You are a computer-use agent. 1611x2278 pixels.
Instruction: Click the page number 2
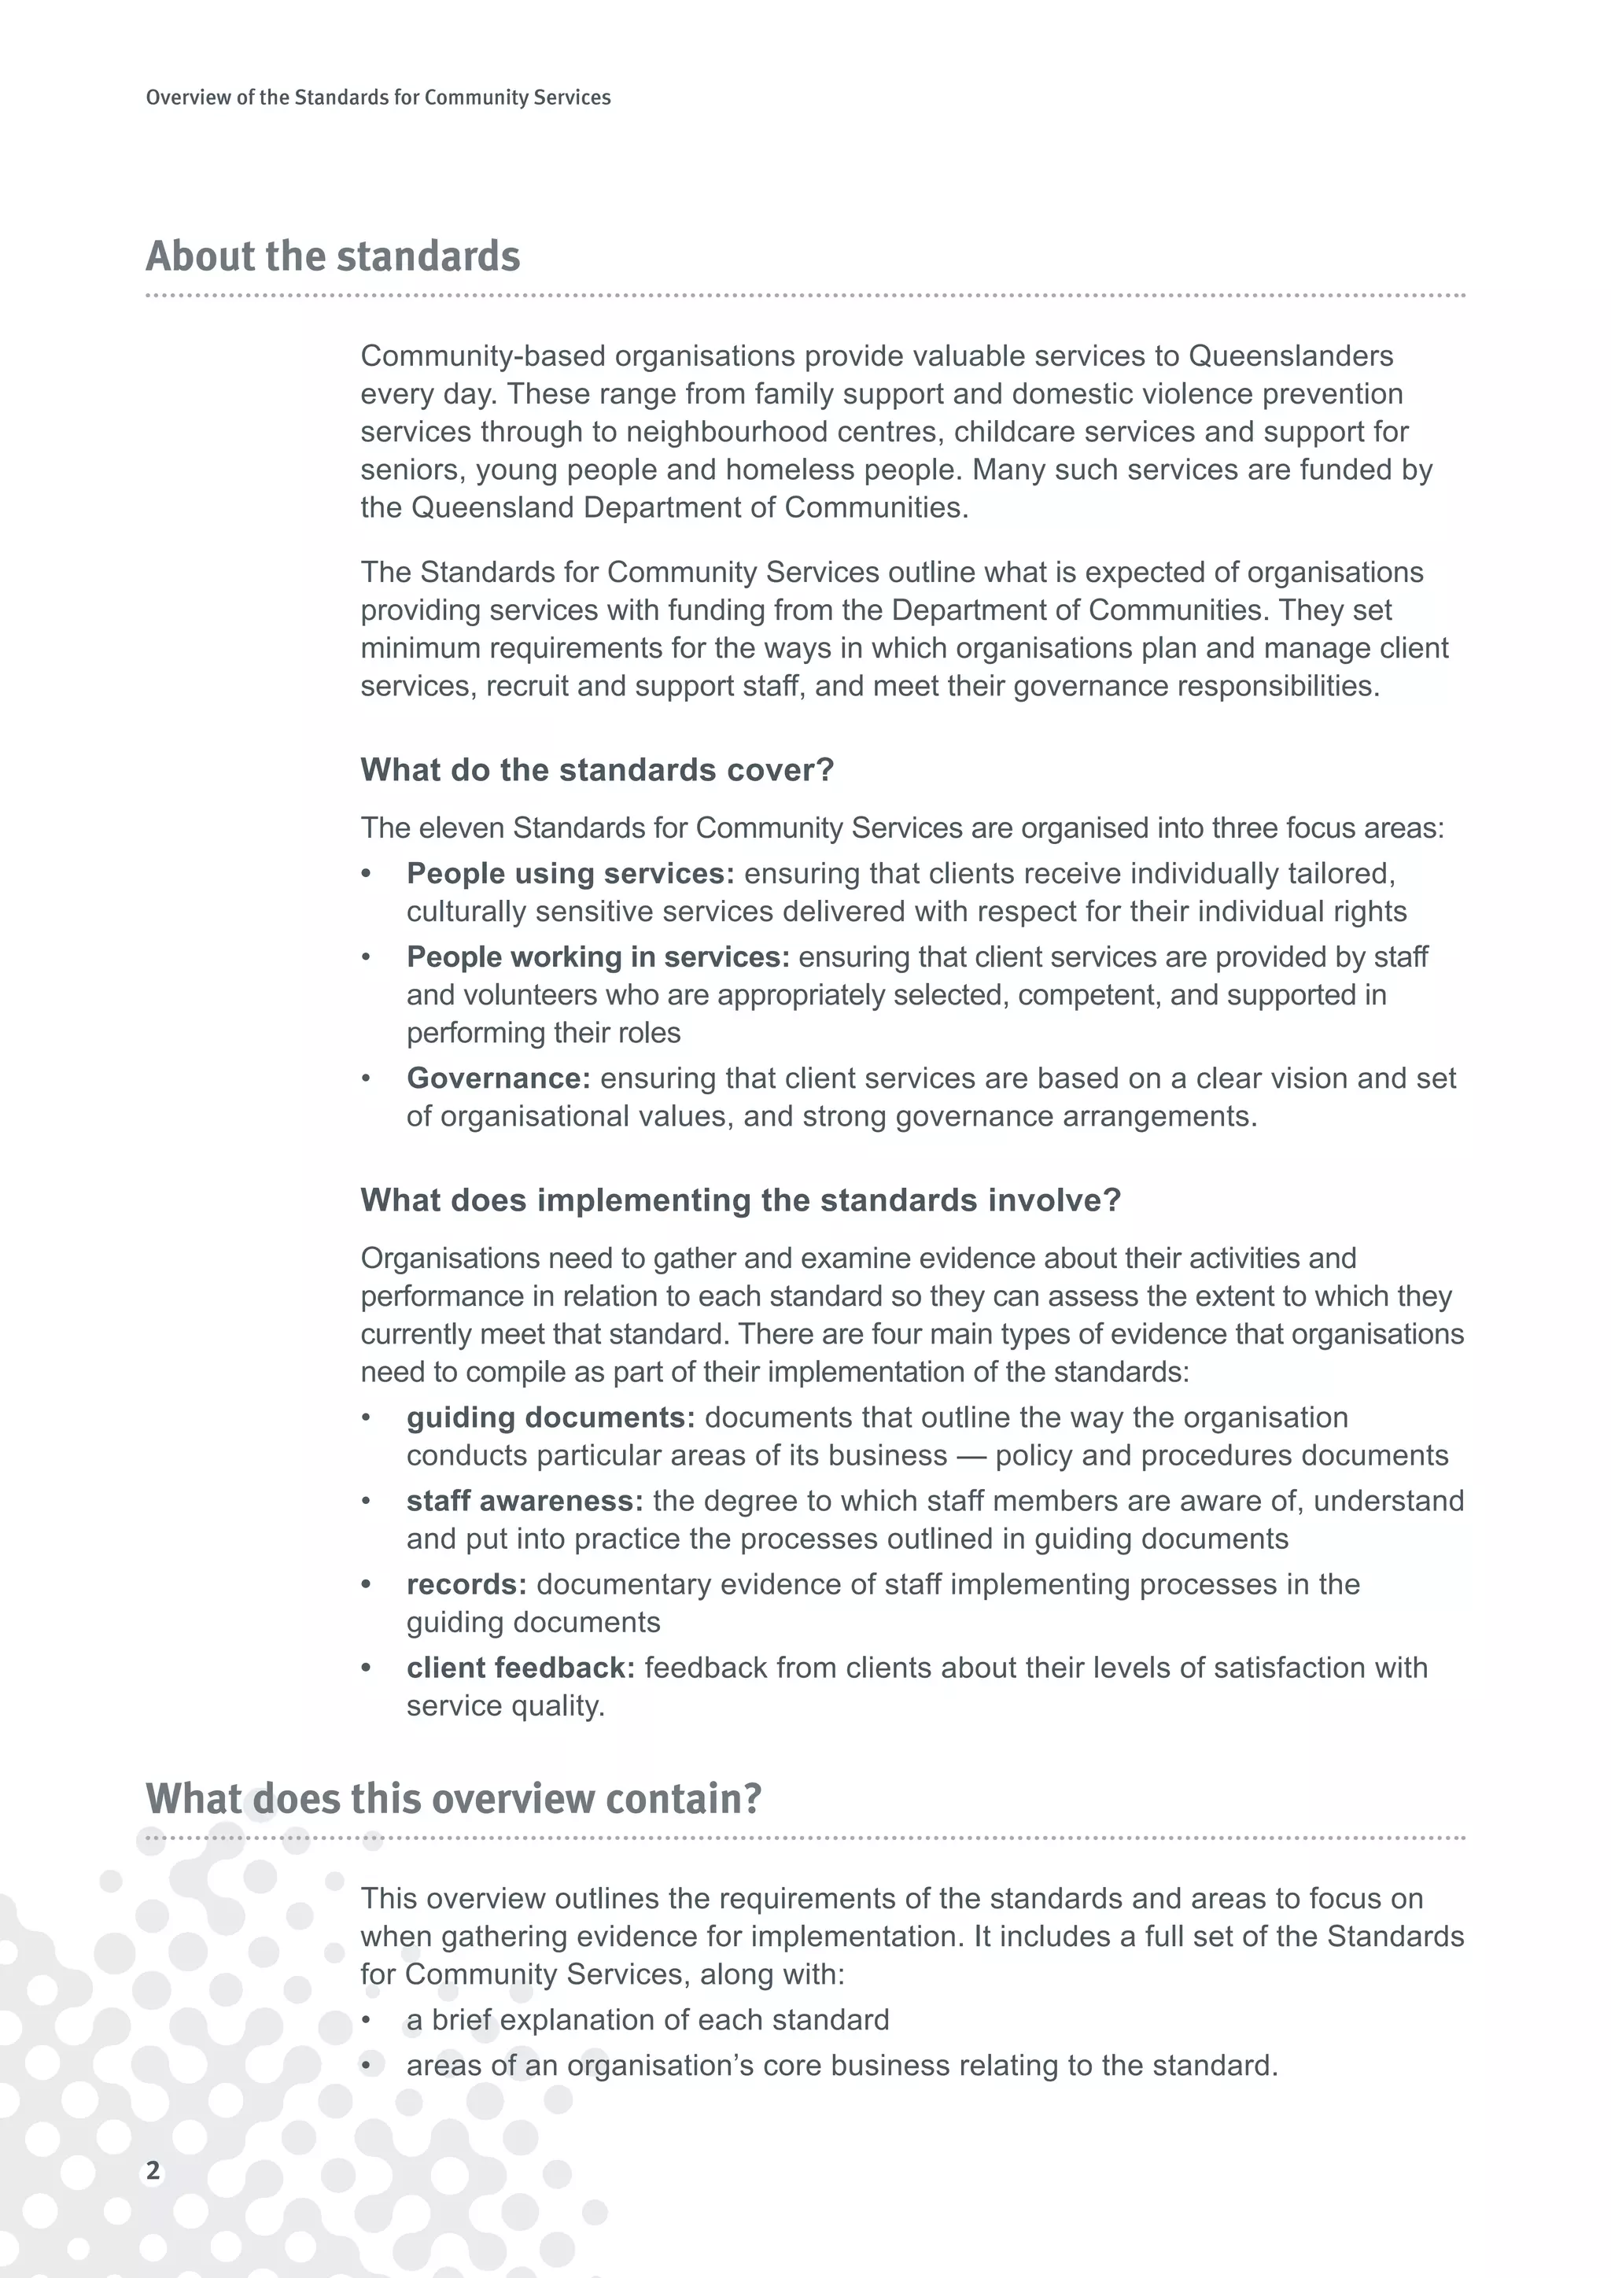coord(153,2170)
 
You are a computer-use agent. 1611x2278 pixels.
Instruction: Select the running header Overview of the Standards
coord(378,98)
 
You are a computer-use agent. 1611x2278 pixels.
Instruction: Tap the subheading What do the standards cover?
coord(597,769)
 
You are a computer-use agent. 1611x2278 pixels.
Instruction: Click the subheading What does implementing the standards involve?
coord(740,1200)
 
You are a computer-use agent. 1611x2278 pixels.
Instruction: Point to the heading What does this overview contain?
coord(453,1798)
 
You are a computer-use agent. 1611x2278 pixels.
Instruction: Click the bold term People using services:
coord(570,873)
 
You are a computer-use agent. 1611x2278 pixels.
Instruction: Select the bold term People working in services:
coord(598,957)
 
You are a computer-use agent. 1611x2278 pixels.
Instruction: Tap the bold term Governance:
coord(498,1078)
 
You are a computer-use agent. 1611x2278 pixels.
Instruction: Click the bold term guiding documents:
coord(551,1417)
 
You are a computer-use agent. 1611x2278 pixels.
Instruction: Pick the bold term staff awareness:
coord(525,1500)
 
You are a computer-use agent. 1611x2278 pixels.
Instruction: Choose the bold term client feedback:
coord(520,1667)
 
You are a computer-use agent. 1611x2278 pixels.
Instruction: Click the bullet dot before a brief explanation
coord(366,2020)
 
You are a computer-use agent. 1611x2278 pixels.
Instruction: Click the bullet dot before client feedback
coord(366,1668)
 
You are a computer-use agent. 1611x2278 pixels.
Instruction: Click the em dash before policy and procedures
coord(971,1454)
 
